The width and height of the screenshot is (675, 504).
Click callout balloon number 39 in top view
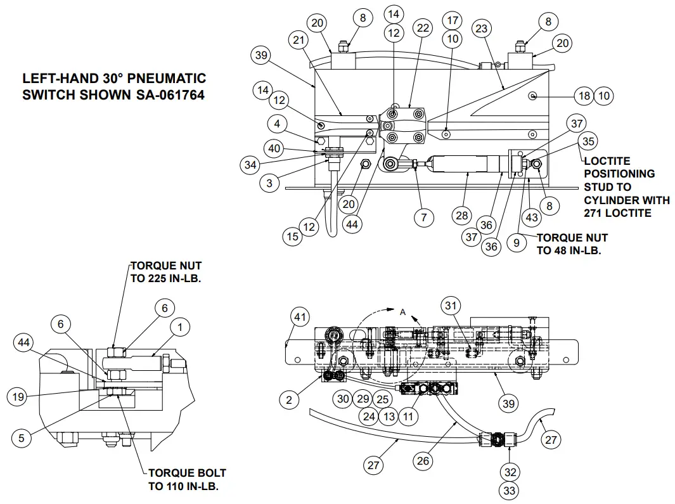point(261,55)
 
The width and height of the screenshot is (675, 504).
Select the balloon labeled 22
point(423,29)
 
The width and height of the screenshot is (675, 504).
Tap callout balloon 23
point(482,29)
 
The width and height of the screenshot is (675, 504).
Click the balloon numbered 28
point(462,216)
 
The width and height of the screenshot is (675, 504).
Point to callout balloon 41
point(300,316)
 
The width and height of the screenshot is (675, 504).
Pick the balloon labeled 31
point(451,306)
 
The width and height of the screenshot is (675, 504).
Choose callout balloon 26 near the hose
point(424,461)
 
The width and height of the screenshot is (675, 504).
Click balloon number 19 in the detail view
point(17,397)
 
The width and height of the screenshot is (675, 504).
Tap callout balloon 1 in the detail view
point(181,327)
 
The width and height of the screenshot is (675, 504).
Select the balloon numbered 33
point(510,490)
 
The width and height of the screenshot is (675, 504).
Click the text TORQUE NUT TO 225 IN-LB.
point(166,272)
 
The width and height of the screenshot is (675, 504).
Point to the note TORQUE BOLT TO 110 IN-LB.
point(187,479)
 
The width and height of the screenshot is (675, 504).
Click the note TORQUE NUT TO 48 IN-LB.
point(572,243)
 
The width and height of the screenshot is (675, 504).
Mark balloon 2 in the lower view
point(290,399)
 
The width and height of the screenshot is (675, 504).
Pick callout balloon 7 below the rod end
point(424,217)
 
